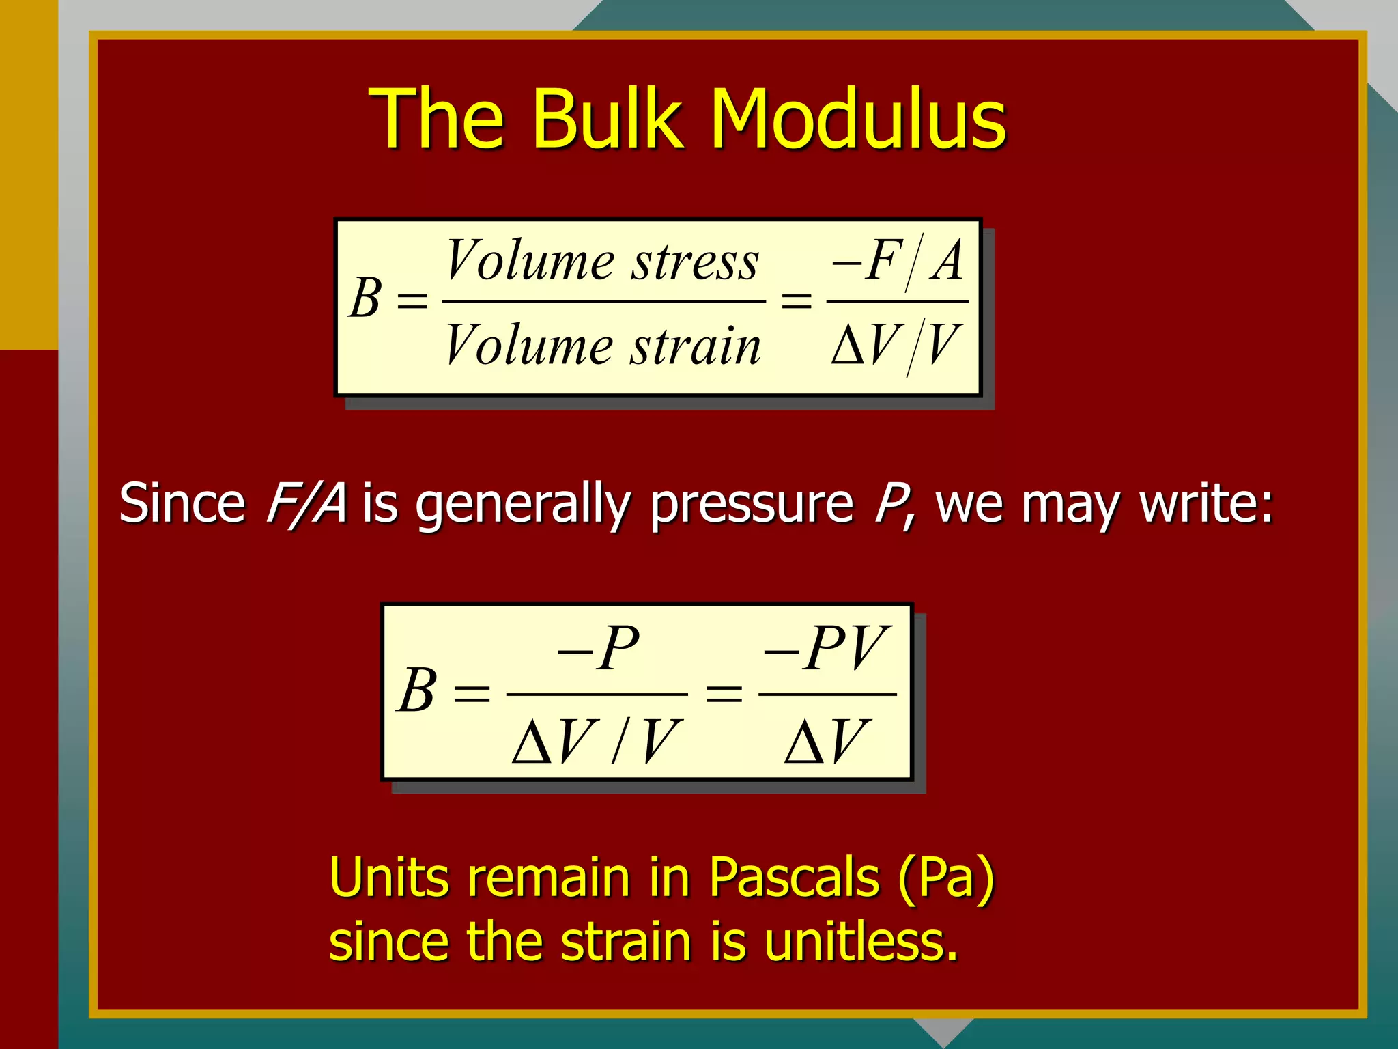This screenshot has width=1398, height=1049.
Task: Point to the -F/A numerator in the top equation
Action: pos(897,262)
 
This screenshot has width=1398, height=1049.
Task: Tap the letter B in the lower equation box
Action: pos(416,690)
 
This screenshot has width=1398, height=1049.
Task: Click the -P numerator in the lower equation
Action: pos(598,647)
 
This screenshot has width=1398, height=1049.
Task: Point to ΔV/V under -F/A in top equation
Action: pos(897,346)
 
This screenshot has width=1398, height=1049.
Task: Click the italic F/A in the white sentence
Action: pos(305,503)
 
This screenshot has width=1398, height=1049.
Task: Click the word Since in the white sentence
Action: pos(182,503)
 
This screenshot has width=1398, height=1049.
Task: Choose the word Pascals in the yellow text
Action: pos(794,878)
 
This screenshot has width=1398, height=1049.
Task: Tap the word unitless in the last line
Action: pos(861,942)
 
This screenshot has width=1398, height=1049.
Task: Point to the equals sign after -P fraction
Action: pos(724,694)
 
